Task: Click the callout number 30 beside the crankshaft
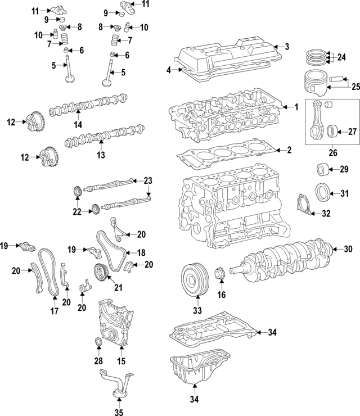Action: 348,248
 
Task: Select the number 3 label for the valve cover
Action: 286,47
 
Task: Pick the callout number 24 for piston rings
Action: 342,57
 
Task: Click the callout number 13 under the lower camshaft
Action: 101,153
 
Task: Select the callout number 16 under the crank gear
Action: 222,294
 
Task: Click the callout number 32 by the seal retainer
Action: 326,213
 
